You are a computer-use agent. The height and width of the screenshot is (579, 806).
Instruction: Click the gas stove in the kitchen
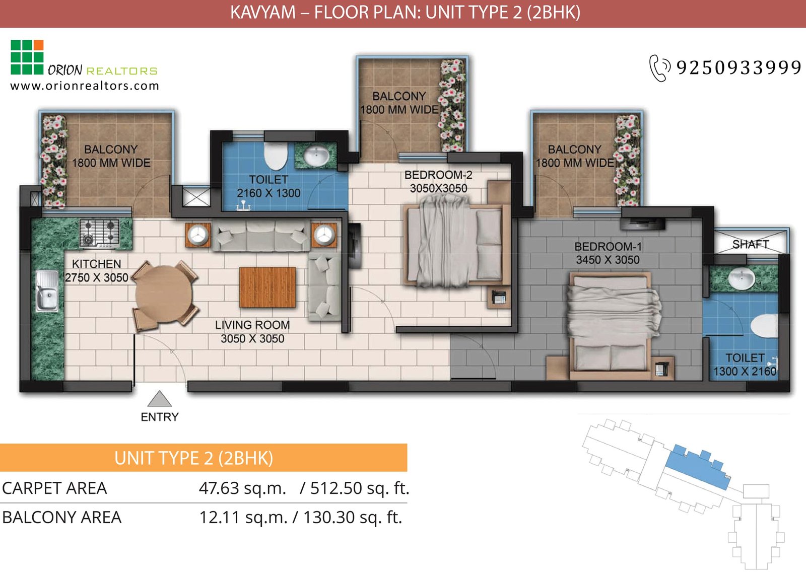tap(100, 233)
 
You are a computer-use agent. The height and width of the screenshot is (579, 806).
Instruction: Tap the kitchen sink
tap(46, 291)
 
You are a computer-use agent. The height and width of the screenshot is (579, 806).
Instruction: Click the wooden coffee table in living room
tap(267, 287)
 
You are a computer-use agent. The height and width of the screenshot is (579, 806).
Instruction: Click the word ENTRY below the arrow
tap(160, 417)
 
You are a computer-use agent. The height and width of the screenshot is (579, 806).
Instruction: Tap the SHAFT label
tap(751, 244)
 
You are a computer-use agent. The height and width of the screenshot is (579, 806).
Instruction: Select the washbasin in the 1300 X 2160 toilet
tap(742, 278)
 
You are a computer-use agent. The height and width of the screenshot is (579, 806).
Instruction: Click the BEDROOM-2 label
tap(438, 175)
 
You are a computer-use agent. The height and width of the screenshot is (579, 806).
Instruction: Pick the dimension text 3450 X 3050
tap(608, 260)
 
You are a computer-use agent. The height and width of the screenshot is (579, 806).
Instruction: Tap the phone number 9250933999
tap(738, 67)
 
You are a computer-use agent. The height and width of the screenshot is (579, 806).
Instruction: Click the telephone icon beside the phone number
tap(659, 68)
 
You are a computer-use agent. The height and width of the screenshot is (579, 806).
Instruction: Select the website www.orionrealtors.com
tap(85, 86)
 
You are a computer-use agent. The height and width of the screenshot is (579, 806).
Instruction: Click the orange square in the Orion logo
tap(38, 45)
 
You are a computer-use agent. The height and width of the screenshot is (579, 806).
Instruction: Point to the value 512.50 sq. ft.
tap(359, 488)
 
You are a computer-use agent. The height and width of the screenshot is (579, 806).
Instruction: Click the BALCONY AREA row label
tap(61, 517)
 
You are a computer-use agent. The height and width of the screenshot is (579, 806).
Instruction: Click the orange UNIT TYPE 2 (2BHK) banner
tap(203, 458)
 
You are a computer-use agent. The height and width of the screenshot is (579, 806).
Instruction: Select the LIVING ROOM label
tap(252, 325)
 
